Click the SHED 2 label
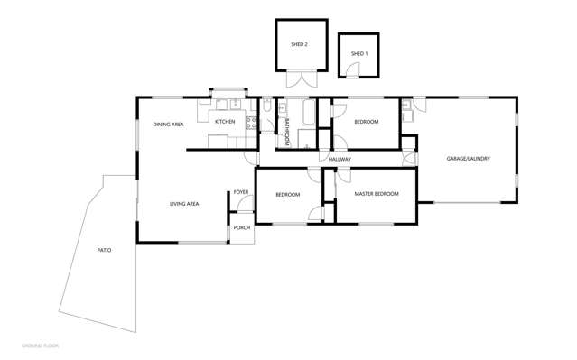pyautogui.click(x=299, y=44)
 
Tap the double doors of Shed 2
pyautogui.click(x=307, y=78)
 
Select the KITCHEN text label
pyautogui.click(x=225, y=122)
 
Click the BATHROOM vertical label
pyautogui.click(x=285, y=131)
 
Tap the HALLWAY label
pyautogui.click(x=340, y=160)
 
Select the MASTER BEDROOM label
pyautogui.click(x=375, y=194)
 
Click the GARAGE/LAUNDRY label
pyautogui.click(x=468, y=159)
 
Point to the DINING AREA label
pyautogui.click(x=168, y=125)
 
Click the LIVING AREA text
pyautogui.click(x=184, y=204)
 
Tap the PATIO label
pyautogui.click(x=105, y=249)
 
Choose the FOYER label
pyautogui.click(x=241, y=192)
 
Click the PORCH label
pyautogui.click(x=241, y=227)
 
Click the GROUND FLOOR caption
pyautogui.click(x=41, y=346)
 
